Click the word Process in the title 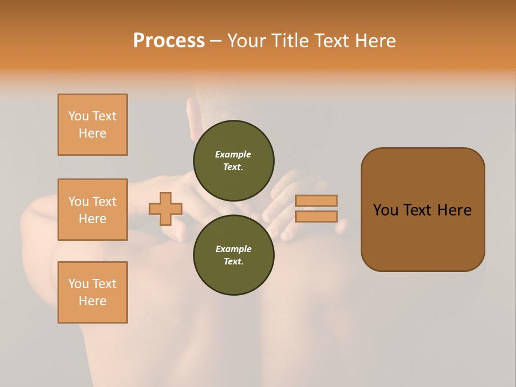tap(169, 41)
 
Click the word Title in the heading tap(290, 41)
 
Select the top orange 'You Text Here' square tap(92, 125)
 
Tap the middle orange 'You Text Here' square tap(92, 210)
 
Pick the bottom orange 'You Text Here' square tap(92, 292)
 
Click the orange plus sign tap(166, 209)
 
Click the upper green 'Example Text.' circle tap(234, 161)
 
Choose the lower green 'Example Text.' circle tap(234, 255)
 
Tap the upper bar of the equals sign tap(317, 201)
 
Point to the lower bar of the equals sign tap(317, 216)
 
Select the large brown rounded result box tap(422, 236)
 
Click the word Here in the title tap(375, 41)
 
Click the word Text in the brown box tap(420, 210)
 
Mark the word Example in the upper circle tap(233, 155)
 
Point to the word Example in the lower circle tap(233, 249)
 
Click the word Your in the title tap(247, 41)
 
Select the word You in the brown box tap(386, 210)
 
